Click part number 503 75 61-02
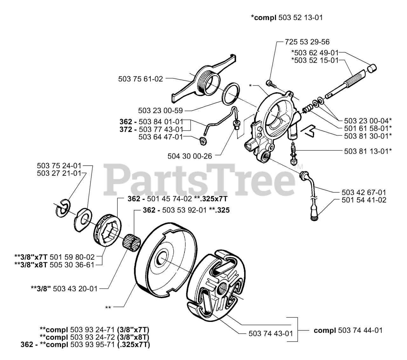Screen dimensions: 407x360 141,79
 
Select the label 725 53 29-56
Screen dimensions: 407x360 307,42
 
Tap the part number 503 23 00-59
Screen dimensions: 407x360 161,111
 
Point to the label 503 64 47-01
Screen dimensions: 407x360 161,137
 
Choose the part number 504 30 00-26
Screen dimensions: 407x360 190,156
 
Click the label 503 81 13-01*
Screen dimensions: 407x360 368,151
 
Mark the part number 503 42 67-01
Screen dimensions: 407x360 364,192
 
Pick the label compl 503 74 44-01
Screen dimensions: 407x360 348,330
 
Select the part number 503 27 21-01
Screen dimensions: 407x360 59,173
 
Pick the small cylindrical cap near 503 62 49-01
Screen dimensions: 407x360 371,68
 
